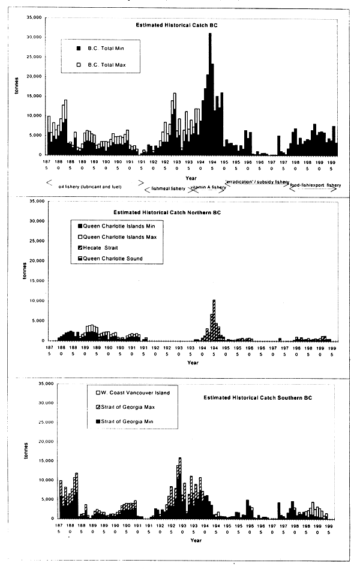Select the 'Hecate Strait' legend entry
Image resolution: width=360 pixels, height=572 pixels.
click(104, 248)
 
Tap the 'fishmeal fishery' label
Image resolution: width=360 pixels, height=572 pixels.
click(169, 188)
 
